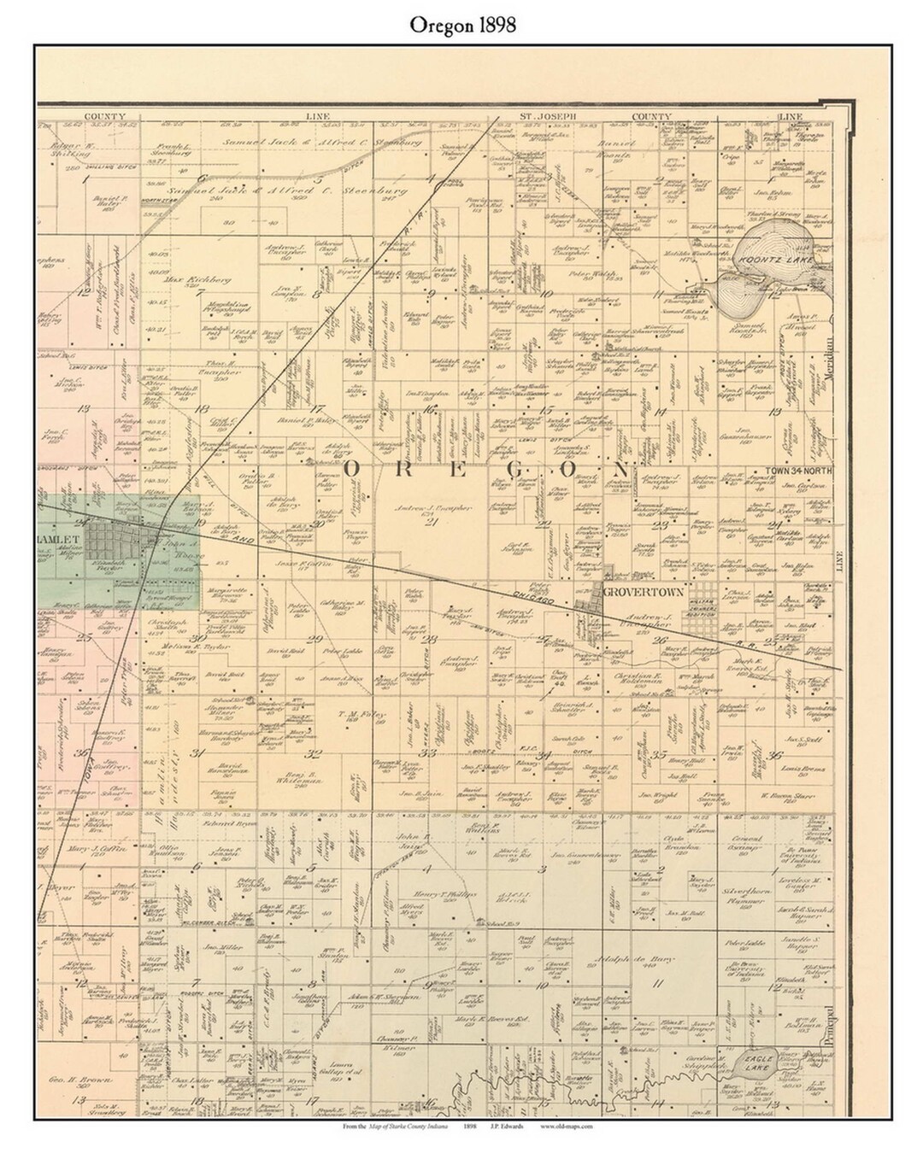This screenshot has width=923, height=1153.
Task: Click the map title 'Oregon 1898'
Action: point(461,26)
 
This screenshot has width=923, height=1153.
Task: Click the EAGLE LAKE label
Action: point(756,1062)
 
